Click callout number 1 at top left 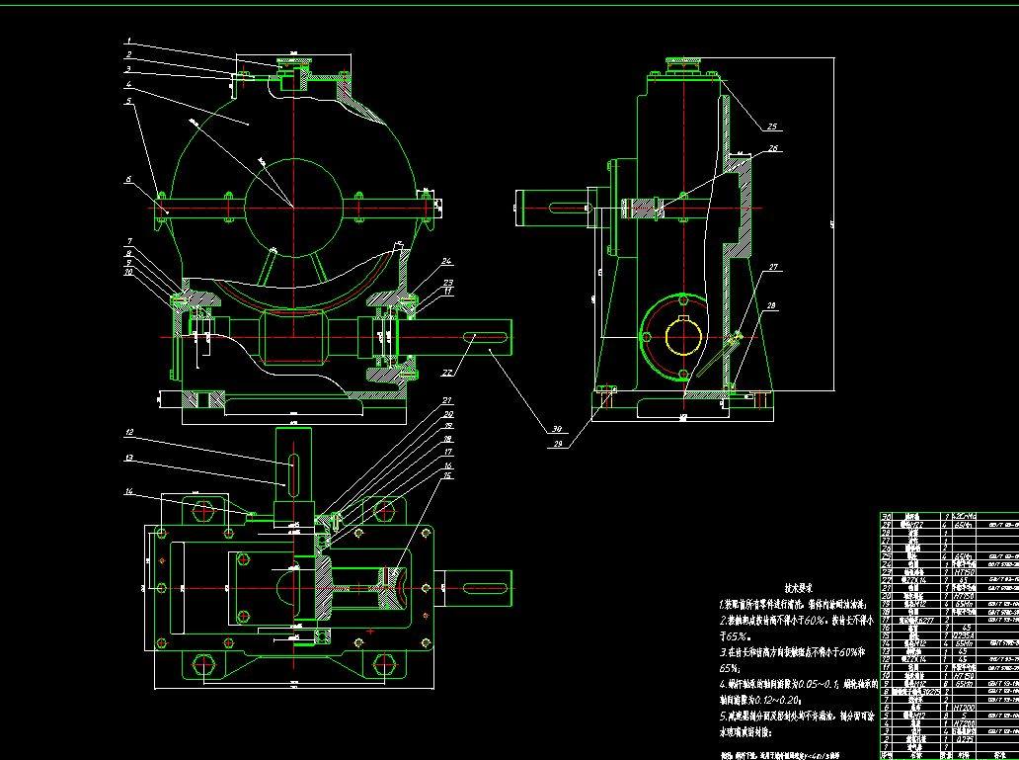128,42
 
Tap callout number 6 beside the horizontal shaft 128,179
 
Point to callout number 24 446,261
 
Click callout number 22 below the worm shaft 446,372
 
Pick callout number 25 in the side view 773,127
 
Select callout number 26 773,148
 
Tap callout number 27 773,267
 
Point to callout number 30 557,429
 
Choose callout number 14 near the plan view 128,491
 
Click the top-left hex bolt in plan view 204,512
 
